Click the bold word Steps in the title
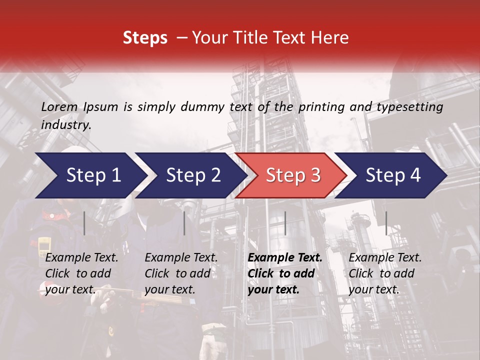click(145, 38)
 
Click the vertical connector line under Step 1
click(84, 223)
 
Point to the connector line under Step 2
click(184, 223)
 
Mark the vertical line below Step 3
click(285, 223)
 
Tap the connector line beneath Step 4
click(386, 223)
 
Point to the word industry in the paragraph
click(66, 125)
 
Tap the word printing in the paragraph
click(323, 107)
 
